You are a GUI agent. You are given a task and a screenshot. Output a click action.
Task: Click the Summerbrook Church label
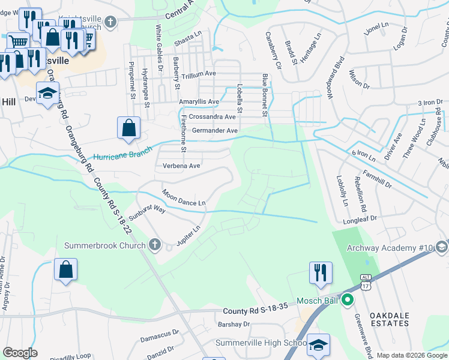click(105, 245)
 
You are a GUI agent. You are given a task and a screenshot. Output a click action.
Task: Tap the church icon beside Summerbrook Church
click(155, 245)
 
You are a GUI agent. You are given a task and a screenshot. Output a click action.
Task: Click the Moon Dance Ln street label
click(184, 199)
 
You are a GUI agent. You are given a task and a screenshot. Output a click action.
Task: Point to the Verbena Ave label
click(177, 166)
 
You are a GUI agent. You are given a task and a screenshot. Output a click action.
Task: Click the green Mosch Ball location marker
click(346, 301)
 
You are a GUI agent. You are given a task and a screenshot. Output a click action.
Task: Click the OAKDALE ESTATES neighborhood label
click(389, 319)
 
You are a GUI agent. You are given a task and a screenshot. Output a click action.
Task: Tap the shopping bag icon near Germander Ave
click(128, 128)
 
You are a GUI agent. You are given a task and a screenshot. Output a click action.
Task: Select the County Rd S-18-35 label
click(253, 311)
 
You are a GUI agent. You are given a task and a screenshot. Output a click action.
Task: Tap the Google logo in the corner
click(20, 353)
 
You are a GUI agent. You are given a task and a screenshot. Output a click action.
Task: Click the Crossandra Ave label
click(212, 116)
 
